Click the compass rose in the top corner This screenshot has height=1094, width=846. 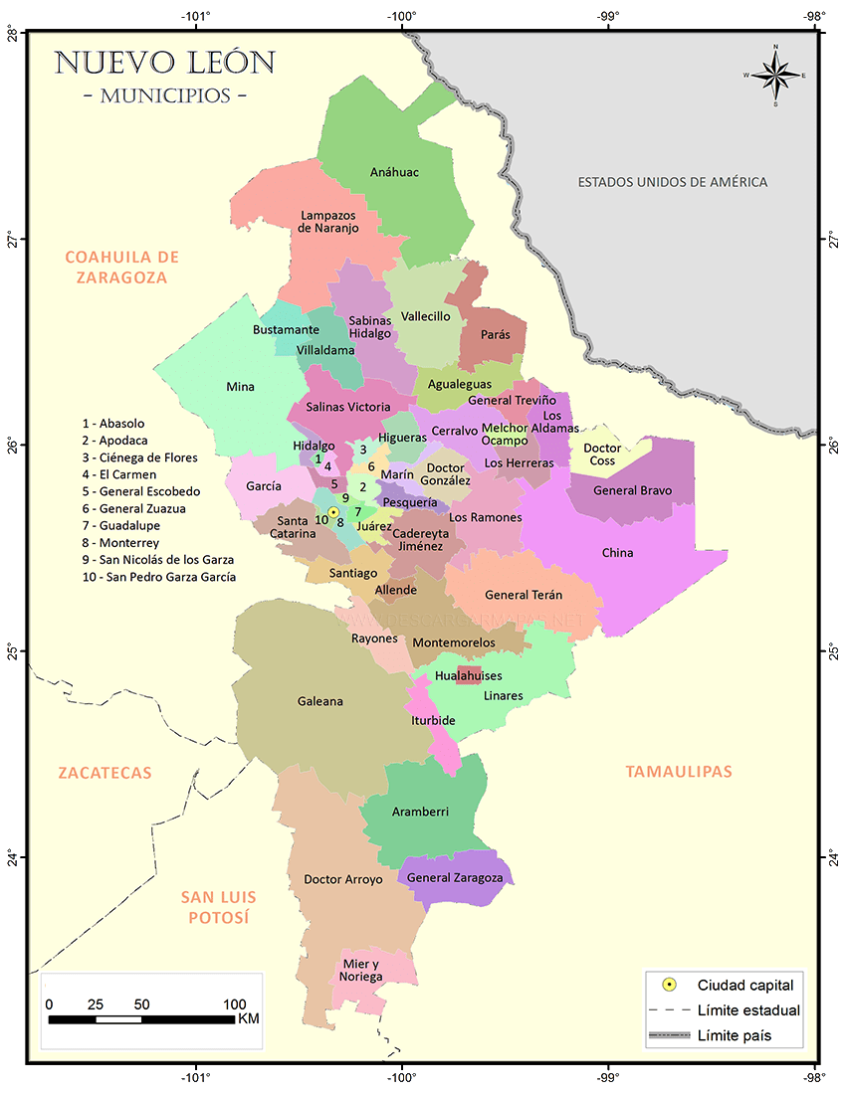[x=775, y=75]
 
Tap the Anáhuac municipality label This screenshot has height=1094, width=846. [x=394, y=172]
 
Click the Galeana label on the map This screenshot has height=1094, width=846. [x=319, y=701]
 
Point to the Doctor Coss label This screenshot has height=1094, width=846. [x=601, y=455]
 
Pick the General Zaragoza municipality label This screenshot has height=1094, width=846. [x=455, y=878]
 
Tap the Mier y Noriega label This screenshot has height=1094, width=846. [x=361, y=971]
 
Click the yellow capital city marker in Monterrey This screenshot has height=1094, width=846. [x=334, y=512]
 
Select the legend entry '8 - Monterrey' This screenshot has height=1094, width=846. [x=120, y=543]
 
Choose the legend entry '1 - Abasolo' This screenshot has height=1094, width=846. [x=112, y=424]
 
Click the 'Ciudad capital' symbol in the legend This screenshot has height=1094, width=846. [x=670, y=985]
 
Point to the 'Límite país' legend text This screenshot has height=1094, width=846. [x=735, y=1035]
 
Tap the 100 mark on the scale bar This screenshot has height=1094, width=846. [x=234, y=1004]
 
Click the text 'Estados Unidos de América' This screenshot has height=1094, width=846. [x=673, y=182]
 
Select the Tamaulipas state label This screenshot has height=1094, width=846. [x=678, y=771]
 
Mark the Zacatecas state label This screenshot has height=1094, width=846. [x=105, y=773]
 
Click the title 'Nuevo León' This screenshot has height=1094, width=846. [x=164, y=63]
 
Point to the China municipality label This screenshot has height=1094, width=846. [x=617, y=553]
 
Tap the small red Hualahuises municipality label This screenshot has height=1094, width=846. [x=468, y=676]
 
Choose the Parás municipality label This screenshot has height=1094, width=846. [x=495, y=334]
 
